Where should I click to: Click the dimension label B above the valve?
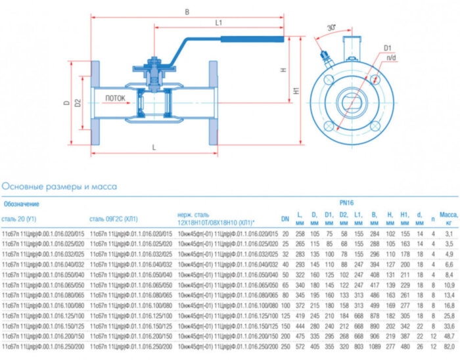[187, 12]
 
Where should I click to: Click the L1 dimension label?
[218, 23]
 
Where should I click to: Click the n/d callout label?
[392, 58]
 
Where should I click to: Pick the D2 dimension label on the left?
[77, 103]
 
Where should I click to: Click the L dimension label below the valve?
[153, 147]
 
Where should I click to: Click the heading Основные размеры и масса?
[60, 187]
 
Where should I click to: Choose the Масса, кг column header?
[448, 215]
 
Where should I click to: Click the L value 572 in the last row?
[301, 346]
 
